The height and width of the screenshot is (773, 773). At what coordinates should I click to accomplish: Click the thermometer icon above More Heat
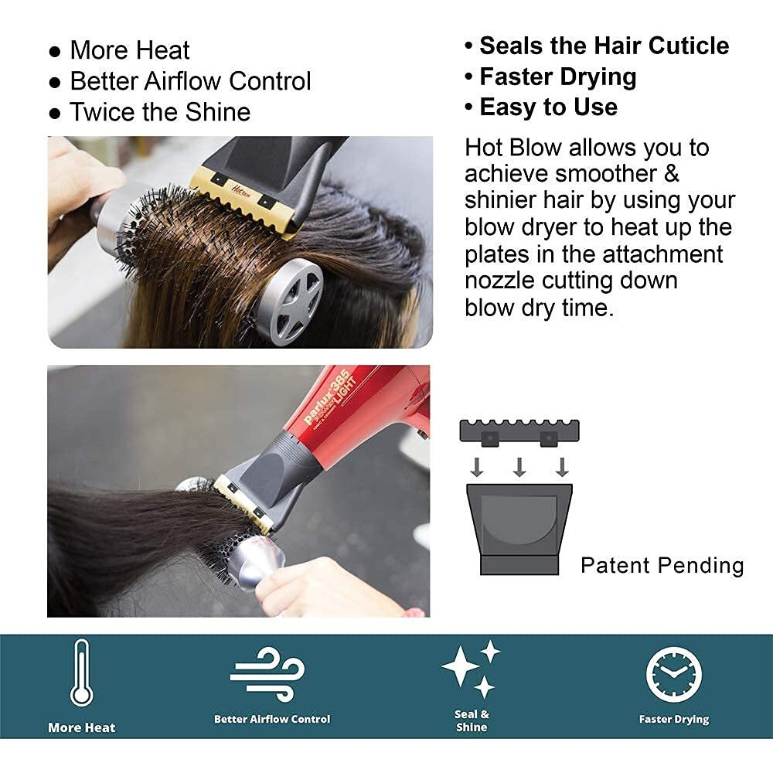pos(81,673)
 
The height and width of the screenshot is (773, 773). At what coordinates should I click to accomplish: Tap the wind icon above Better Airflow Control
pos(267,674)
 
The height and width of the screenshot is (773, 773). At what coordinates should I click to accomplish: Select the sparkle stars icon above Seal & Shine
pos(471,669)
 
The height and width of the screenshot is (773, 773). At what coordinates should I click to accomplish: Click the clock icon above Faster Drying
pos(674,674)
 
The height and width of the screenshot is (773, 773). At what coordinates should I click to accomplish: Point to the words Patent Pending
pos(662,565)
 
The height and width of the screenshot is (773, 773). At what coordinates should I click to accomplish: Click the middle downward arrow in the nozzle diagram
pos(519,466)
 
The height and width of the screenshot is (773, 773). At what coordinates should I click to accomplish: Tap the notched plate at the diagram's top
pos(519,431)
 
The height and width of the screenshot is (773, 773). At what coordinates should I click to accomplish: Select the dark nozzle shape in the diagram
pos(519,527)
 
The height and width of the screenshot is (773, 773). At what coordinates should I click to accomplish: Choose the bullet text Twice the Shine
pos(160,112)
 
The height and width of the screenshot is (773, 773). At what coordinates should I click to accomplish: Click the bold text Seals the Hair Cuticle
pos(604,46)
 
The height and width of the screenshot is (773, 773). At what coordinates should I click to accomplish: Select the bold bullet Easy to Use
pos(548,107)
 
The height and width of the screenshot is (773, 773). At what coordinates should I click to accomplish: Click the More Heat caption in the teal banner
pos(81,727)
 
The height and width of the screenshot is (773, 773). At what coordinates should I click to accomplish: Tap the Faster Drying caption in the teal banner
pos(674,720)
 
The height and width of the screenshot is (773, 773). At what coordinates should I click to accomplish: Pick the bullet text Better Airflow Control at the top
pos(190,81)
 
